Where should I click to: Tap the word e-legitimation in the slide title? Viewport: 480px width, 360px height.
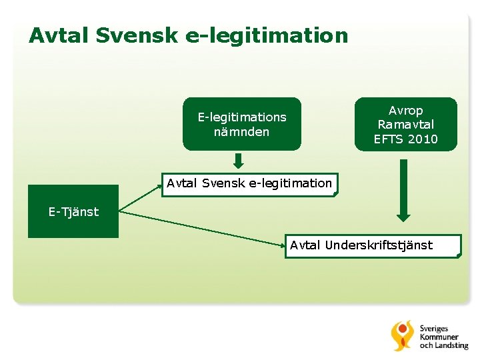click(x=267, y=35)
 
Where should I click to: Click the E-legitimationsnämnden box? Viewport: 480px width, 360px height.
click(x=242, y=124)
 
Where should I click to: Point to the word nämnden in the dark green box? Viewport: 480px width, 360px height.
click(x=242, y=132)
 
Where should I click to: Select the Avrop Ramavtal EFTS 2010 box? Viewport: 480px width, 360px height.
click(x=406, y=125)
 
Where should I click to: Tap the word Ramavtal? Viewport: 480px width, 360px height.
click(x=406, y=125)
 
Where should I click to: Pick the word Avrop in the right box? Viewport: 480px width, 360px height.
click(x=406, y=111)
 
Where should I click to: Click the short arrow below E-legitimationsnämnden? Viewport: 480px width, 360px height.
click(x=239, y=161)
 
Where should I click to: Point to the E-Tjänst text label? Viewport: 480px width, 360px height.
click(x=73, y=212)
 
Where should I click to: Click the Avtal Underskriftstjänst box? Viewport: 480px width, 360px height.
click(x=373, y=246)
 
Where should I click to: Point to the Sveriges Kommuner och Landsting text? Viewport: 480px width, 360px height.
click(x=443, y=337)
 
